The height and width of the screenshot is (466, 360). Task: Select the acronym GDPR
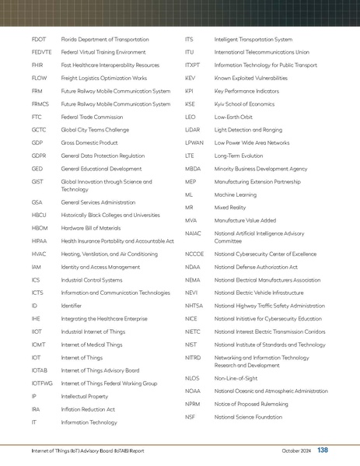(39, 156)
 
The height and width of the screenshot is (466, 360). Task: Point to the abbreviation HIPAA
(40, 240)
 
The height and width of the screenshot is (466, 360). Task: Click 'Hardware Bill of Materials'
(97, 227)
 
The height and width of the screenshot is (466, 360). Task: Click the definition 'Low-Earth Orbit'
(236, 117)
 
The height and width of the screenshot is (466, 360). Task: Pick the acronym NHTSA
(195, 306)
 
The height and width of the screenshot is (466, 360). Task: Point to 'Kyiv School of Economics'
(246, 103)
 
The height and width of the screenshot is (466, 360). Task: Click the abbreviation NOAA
(194, 391)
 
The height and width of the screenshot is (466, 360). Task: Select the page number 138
(323, 450)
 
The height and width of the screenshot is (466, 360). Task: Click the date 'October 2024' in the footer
(296, 450)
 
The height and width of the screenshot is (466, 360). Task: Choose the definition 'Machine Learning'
(237, 194)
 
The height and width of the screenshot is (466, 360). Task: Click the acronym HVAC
(39, 254)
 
